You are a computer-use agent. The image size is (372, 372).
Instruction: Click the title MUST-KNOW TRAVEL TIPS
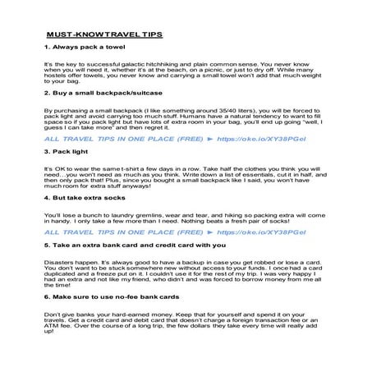click(104, 35)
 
